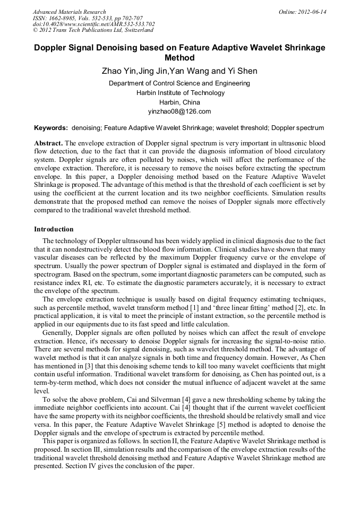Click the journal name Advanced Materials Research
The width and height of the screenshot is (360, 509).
pyautogui.click(x=69, y=12)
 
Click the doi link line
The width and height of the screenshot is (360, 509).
pyautogui.click(x=93, y=24)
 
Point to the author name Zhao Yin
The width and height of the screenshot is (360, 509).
pyautogui.click(x=118, y=71)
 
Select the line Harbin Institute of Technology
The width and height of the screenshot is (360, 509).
pyautogui.click(x=180, y=93)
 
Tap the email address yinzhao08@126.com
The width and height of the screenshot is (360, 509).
pyautogui.click(x=180, y=111)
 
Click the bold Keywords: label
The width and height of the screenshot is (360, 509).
pyautogui.click(x=51, y=128)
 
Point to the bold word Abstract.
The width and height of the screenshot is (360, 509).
pyautogui.click(x=48, y=144)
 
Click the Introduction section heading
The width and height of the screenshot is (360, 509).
pyautogui.click(x=54, y=229)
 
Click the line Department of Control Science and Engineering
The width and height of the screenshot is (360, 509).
pyautogui.click(x=180, y=83)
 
